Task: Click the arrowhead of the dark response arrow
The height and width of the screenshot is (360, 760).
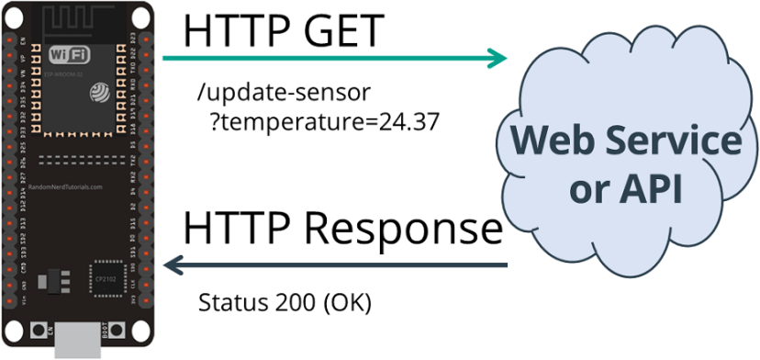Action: [173, 265]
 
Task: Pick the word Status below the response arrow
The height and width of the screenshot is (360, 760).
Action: [229, 302]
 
